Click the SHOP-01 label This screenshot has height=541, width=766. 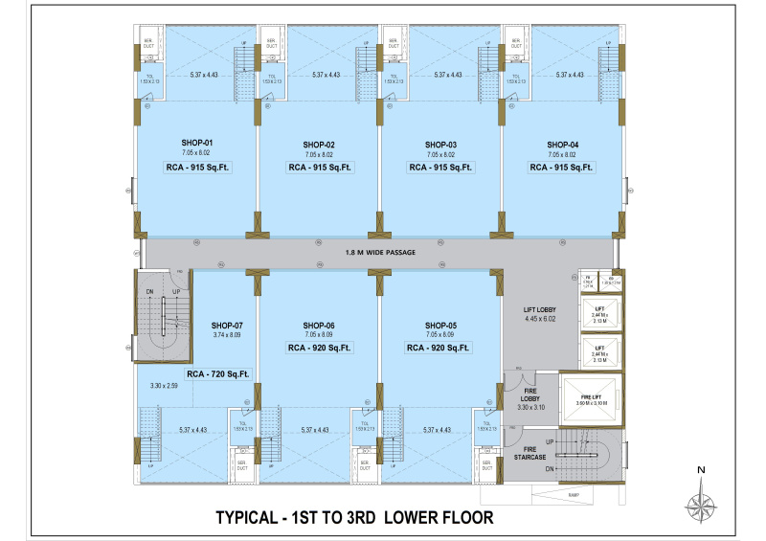[x=198, y=144]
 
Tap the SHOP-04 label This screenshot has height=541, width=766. [x=562, y=145]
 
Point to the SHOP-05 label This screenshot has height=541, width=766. [x=441, y=325]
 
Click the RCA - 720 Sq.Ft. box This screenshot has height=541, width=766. [x=218, y=373]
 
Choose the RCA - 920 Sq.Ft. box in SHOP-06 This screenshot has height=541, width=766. [x=319, y=349]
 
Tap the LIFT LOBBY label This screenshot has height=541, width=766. [x=541, y=310]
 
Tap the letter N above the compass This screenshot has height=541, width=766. [x=702, y=470]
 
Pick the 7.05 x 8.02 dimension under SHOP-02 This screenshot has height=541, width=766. [x=319, y=154]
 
